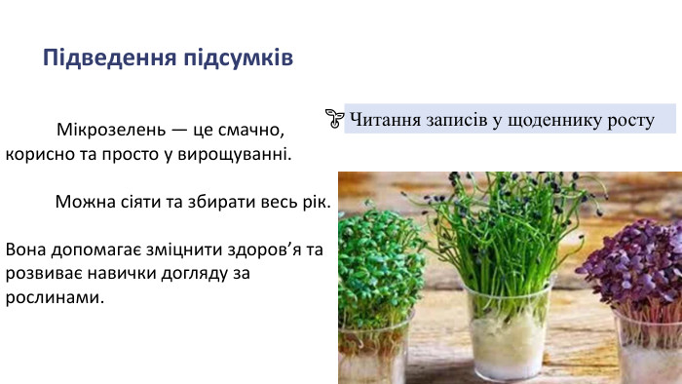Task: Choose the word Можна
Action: [84, 203]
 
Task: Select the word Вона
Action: [26, 250]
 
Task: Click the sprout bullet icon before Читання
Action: [333, 119]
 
